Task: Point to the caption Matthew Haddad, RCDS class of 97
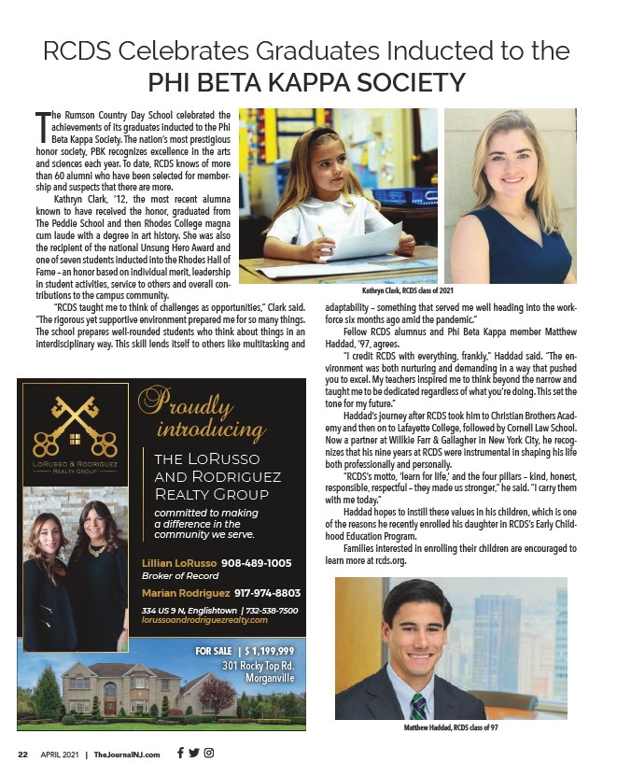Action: point(451,727)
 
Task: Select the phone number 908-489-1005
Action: point(257,563)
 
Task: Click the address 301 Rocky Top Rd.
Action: point(259,666)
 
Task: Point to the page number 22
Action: point(23,755)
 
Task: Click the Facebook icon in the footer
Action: point(180,754)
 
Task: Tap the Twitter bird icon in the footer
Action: point(194,754)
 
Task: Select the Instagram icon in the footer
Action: point(209,754)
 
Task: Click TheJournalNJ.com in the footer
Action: point(127,755)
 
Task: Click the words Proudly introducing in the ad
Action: point(199,416)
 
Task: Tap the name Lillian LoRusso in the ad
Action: point(179,563)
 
